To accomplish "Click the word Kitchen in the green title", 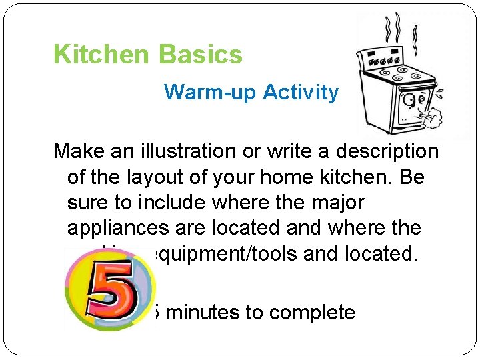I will (100, 55).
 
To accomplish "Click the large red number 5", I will (110, 292).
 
